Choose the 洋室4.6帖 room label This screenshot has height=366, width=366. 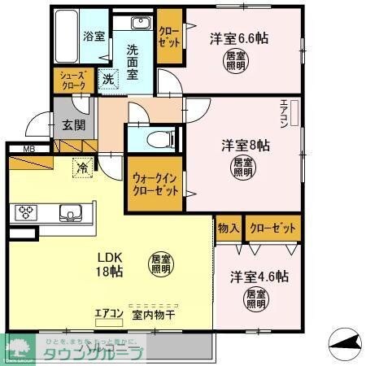click(258, 276)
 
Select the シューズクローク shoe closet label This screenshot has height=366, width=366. click(71, 80)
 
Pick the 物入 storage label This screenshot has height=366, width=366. click(227, 229)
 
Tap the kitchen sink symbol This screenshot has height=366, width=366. click(68, 213)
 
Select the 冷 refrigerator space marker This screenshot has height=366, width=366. click(83, 168)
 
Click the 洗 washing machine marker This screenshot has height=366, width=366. click(109, 78)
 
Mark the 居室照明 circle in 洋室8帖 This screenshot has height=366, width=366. click(243, 168)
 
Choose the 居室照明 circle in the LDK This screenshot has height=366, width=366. click(160, 264)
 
